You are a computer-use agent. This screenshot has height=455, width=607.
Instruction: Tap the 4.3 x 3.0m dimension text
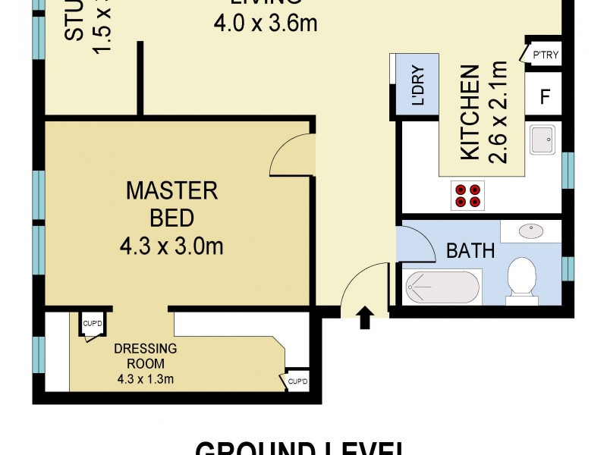pyautogui.click(x=171, y=246)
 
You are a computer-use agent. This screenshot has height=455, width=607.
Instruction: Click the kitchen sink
pyautogui.click(x=543, y=140)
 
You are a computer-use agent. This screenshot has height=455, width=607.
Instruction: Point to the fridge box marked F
pyautogui.click(x=544, y=97)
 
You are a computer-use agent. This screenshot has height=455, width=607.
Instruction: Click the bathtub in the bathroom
pyautogui.click(x=442, y=288)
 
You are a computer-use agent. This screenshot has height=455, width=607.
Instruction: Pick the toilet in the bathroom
pyautogui.click(x=522, y=278)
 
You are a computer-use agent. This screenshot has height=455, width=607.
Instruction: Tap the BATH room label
pyautogui.click(x=470, y=250)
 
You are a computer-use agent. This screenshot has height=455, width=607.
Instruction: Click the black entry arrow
pyautogui.click(x=364, y=318)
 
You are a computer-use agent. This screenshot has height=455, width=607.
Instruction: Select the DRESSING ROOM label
pyautogui.click(x=146, y=356)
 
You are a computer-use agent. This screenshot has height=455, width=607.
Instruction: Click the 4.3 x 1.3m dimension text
pyautogui.click(x=146, y=379)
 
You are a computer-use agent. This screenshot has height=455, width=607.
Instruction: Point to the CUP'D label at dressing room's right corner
pyautogui.click(x=297, y=381)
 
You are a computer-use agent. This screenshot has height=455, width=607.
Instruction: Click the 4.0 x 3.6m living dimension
pyautogui.click(x=264, y=25)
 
